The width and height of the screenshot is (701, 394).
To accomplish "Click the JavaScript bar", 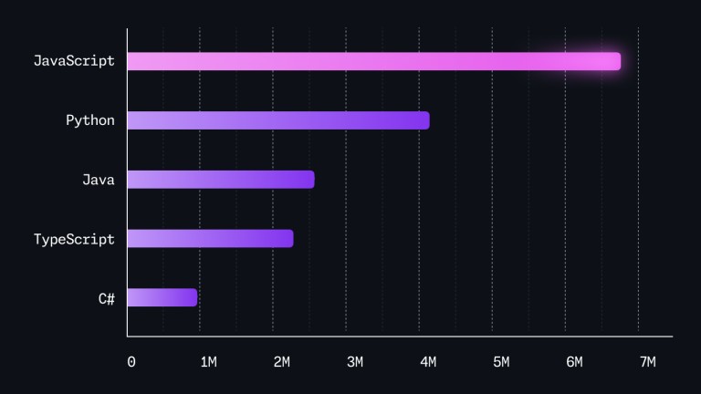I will (x=373, y=61).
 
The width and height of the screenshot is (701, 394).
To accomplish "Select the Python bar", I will (x=277, y=120).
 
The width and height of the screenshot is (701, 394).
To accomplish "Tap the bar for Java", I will (x=220, y=180).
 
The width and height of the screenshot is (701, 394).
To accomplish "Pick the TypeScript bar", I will (x=210, y=238).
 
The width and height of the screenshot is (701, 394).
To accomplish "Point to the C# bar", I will (x=162, y=297).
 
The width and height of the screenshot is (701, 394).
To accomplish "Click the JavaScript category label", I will (x=74, y=61).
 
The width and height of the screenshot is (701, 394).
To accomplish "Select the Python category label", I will (x=90, y=120).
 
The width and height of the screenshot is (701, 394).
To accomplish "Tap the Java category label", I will (x=99, y=180).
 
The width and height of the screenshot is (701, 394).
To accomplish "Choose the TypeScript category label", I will (x=74, y=239).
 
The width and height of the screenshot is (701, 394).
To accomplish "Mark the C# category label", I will (x=107, y=298).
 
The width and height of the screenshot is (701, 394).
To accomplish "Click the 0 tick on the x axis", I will (x=131, y=362).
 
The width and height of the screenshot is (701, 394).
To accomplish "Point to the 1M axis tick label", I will (x=208, y=362).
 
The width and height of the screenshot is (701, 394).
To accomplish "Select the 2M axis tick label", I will (x=281, y=362).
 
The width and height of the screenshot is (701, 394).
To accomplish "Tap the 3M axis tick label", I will (x=355, y=362).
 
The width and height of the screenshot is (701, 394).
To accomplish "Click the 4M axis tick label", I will (x=428, y=362).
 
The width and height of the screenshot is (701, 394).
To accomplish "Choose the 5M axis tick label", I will (x=501, y=362).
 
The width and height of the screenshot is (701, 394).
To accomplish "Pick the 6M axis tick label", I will (x=574, y=362).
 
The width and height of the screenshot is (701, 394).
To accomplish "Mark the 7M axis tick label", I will (x=647, y=362).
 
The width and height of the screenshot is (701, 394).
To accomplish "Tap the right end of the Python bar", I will (x=424, y=120).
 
